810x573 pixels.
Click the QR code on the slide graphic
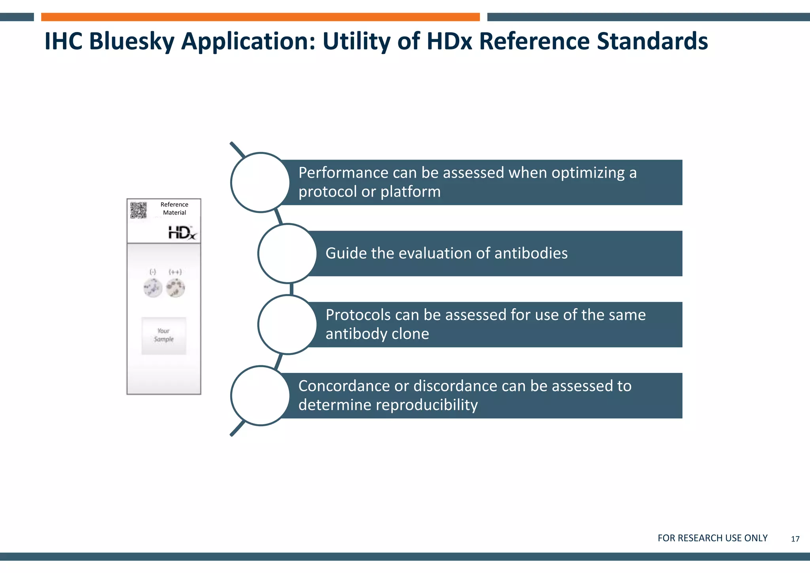pos(138,210)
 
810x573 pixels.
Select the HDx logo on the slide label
pos(182,233)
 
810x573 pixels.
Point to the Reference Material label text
pos(174,209)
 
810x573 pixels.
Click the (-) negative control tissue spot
pos(153,288)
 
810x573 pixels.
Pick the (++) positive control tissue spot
pos(175,288)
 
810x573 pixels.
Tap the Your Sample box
pos(164,335)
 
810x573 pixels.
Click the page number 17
pos(795,539)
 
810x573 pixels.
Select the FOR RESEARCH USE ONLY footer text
pos(712,538)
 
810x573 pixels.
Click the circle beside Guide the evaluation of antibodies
pos(288,253)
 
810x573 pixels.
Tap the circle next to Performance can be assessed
pos(260,182)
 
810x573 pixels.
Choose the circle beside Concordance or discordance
pos(260,396)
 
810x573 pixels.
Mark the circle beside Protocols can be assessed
pos(288,324)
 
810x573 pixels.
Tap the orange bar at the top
pos(260,17)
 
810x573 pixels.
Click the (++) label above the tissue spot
pos(175,272)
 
